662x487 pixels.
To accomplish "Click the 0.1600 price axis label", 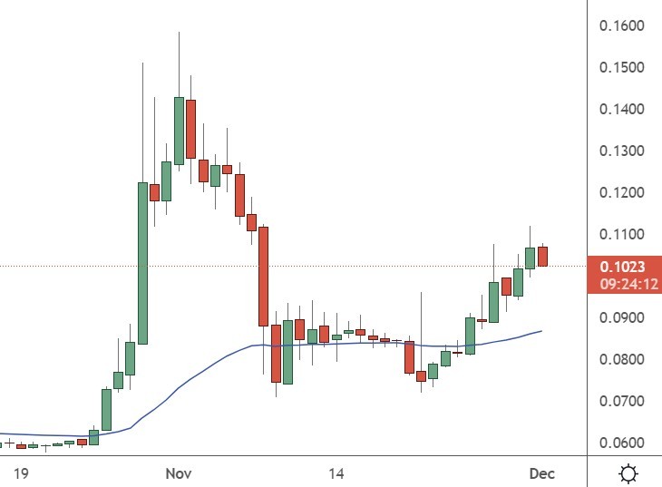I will point(621,25).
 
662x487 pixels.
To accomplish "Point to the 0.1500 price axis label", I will point(621,68).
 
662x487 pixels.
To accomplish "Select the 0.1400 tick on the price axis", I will point(621,110).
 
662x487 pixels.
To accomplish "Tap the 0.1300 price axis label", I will point(621,151).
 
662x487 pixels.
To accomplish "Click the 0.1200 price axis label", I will point(621,193).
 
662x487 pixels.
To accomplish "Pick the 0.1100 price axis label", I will point(621,235).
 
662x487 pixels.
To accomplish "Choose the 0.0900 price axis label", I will point(621,318).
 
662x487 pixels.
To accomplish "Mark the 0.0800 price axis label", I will point(621,360).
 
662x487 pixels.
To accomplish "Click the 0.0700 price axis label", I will point(621,402).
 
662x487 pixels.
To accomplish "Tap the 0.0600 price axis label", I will point(621,443).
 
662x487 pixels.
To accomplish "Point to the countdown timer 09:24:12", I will point(621,284).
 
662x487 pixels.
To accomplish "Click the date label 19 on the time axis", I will point(22,473).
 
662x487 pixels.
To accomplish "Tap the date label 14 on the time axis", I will point(336,473).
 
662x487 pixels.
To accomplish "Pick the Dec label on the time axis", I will point(541,473).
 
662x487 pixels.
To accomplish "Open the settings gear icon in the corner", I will point(628,473).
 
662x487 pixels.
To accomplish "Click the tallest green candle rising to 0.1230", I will point(142,263).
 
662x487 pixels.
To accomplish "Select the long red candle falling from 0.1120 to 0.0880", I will point(263,276).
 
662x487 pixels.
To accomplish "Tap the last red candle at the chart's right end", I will point(542,257).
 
